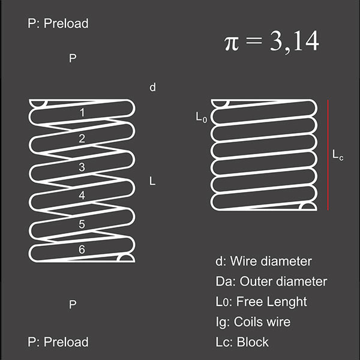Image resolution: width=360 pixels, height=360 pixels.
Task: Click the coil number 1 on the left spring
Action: click(x=82, y=113)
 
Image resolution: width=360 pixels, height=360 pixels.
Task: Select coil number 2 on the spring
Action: click(x=82, y=139)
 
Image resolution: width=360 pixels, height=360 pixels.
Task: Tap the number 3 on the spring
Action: click(x=82, y=167)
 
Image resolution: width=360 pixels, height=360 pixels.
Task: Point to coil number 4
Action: click(x=82, y=196)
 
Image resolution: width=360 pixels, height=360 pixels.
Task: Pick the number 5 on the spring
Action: click(x=82, y=224)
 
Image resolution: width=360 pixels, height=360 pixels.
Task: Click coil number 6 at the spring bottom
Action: click(x=82, y=250)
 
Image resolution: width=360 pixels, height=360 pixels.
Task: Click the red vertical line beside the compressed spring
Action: click(x=328, y=155)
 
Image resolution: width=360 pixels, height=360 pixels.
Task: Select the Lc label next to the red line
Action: click(x=338, y=155)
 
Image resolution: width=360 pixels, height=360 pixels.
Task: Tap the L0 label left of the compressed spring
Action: click(x=202, y=118)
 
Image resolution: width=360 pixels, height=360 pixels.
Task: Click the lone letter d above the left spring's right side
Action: click(x=152, y=87)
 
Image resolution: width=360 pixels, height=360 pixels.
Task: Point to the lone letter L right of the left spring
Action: click(x=152, y=181)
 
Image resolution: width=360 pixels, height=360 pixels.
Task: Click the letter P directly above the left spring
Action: click(x=73, y=58)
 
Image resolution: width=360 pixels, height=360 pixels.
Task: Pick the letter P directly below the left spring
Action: click(x=73, y=304)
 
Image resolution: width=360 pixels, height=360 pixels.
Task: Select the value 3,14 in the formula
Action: click(x=295, y=41)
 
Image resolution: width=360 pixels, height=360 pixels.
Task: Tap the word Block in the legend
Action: click(x=253, y=342)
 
